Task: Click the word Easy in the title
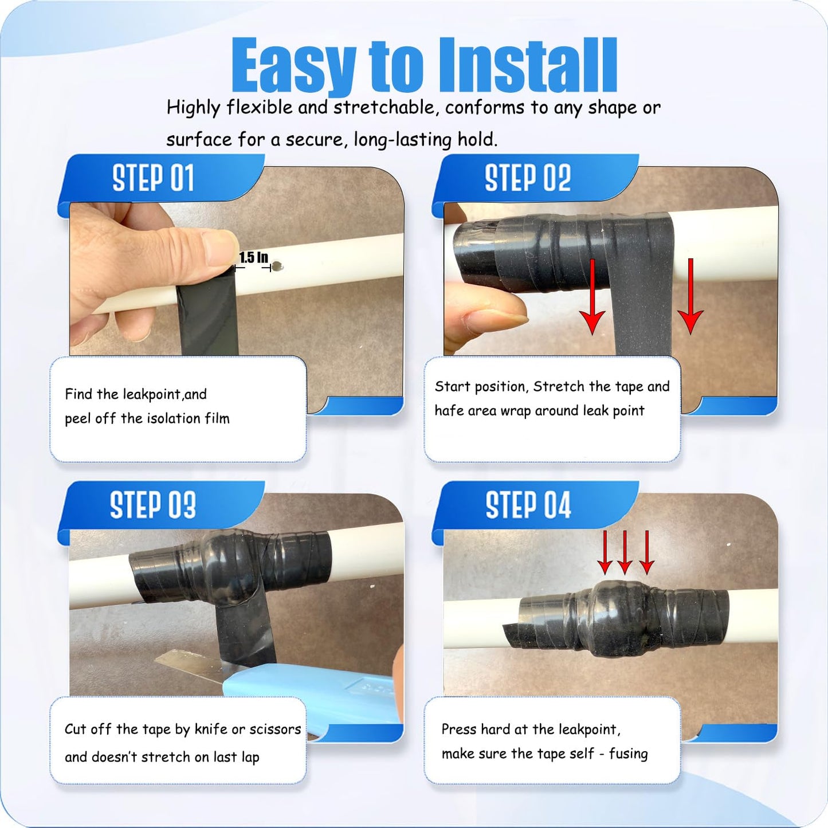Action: click(293, 66)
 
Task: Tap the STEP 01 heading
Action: click(153, 178)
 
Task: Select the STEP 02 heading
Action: click(528, 178)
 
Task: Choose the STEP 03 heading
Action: click(153, 505)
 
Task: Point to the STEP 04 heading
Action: click(528, 505)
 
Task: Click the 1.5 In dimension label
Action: click(253, 258)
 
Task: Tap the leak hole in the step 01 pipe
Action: click(278, 266)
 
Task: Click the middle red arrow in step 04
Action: click(625, 552)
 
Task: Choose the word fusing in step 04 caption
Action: click(628, 754)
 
